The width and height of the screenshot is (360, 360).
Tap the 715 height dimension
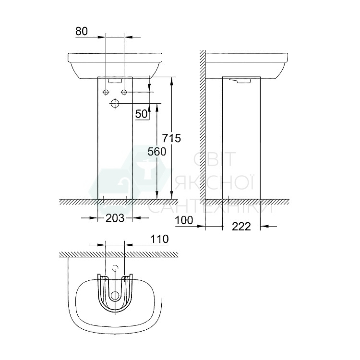[x=171, y=138]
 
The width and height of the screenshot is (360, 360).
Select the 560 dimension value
[x=156, y=152]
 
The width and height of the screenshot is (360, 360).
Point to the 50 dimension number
[x=141, y=114]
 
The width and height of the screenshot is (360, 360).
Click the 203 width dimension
[x=115, y=218]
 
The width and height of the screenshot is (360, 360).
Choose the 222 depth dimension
[x=241, y=227]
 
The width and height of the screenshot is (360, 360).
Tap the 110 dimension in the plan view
[x=159, y=239]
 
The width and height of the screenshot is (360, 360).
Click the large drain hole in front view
[x=115, y=103]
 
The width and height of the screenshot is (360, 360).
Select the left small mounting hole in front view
[x=106, y=92]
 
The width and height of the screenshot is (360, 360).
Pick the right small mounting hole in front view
[x=124, y=92]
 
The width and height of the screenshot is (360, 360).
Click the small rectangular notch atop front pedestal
[x=115, y=80]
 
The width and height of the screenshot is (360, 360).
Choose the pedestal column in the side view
[x=241, y=139]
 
